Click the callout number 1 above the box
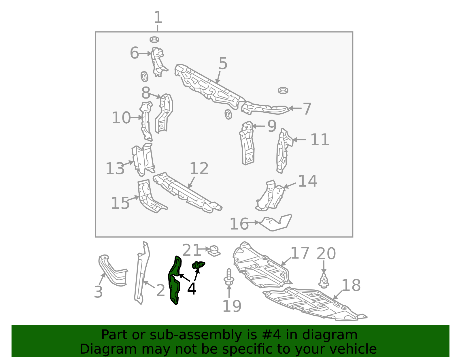[x=158, y=17]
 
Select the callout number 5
[x=223, y=63]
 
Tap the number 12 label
[x=199, y=168]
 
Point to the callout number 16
[x=239, y=224]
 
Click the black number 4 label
[x=192, y=289]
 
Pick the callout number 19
[x=232, y=306]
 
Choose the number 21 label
[x=192, y=250]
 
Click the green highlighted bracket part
[x=175, y=280]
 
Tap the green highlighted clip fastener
[x=198, y=265]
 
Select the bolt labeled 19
[x=229, y=277]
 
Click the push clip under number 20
[x=324, y=281]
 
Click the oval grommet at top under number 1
[x=154, y=40]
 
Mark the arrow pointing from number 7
[x=295, y=108]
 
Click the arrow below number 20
[x=324, y=267]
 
